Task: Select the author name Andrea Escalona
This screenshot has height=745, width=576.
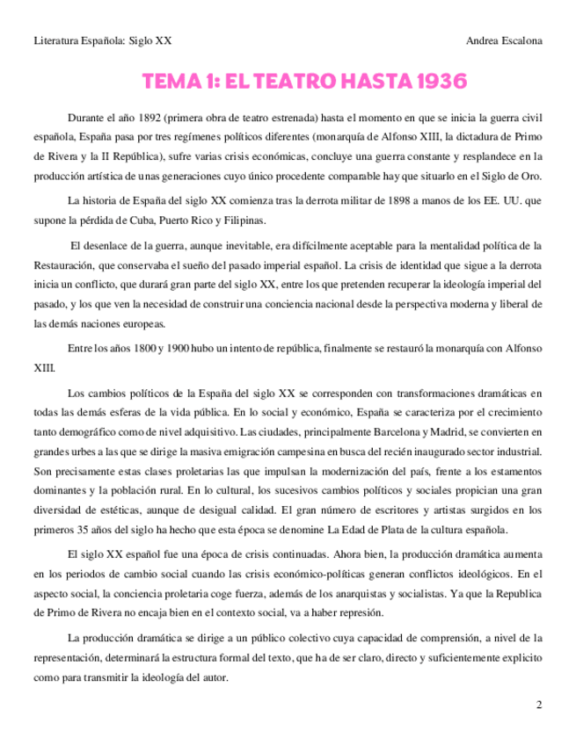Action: click(x=505, y=40)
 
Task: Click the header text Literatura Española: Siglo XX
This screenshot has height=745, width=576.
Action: click(x=102, y=40)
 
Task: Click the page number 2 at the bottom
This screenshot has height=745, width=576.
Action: click(x=539, y=705)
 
